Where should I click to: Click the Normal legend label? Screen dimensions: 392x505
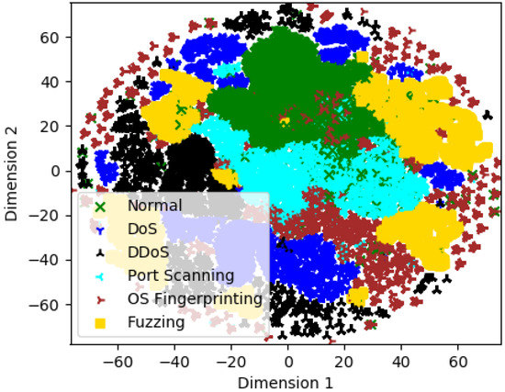click(x=155, y=206)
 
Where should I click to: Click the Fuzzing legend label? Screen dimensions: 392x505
click(x=157, y=322)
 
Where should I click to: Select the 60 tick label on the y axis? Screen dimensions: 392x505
click(x=54, y=38)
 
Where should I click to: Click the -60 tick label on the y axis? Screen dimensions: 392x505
click(x=50, y=304)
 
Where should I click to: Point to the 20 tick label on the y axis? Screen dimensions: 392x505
click(x=54, y=127)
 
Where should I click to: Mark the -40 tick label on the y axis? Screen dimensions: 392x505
click(x=50, y=260)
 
